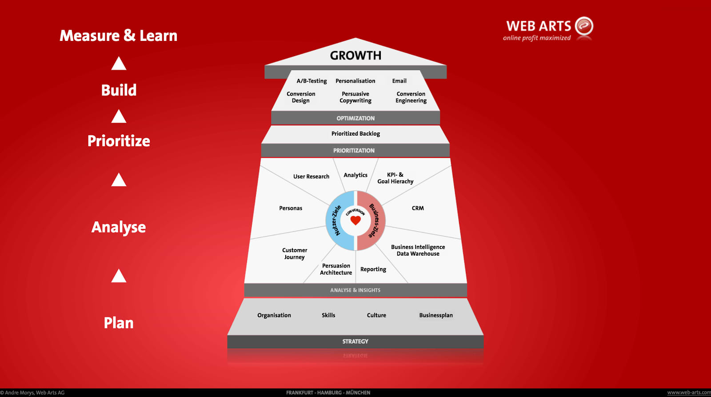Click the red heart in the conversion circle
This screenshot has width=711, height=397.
pos(355,220)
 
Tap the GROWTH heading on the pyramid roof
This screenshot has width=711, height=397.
pos(355,56)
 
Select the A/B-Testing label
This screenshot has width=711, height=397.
pos(312,81)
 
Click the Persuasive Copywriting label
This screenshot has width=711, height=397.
pos(355,97)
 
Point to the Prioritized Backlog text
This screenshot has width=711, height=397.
pos(355,134)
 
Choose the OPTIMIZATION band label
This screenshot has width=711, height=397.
pos(355,118)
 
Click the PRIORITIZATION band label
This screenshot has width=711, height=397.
pos(354,151)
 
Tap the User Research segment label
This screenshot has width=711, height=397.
pos(311,176)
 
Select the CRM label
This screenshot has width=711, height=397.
pos(418,208)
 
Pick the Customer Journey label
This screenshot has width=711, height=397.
pos(295,253)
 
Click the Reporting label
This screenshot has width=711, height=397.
pos(373,269)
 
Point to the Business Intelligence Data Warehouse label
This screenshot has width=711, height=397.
pos(418,250)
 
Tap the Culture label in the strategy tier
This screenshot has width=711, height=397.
pos(376,315)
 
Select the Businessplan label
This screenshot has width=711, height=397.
pos(436,315)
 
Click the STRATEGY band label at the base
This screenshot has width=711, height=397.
pos(355,341)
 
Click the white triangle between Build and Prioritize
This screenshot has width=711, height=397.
pos(119,116)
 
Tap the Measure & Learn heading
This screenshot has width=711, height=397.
pos(118,36)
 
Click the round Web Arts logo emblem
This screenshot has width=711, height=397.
pos(584,26)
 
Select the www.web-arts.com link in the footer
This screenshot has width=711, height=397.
pos(689,393)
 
